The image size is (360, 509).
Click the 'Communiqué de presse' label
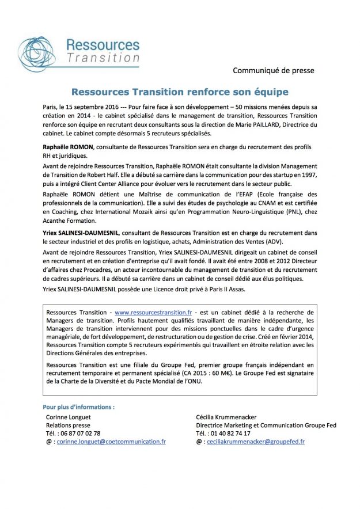(x=274, y=71)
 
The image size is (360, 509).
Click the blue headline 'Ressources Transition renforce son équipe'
(x=179, y=92)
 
